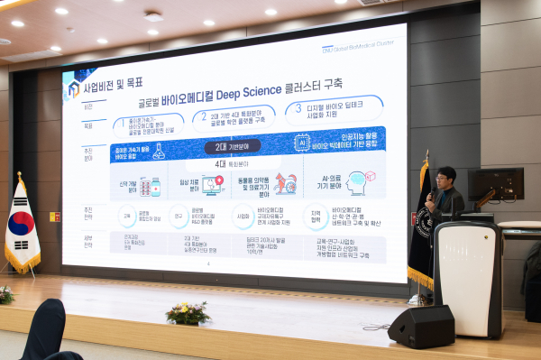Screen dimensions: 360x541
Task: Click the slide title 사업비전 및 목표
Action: coord(115,88)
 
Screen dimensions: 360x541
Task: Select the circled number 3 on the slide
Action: coord(298,107)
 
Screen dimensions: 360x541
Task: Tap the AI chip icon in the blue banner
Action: coord(301,143)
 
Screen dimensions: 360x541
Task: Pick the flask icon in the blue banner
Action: coord(159,151)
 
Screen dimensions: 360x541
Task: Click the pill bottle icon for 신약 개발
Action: coord(151,187)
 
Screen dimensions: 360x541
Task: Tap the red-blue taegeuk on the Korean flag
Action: coord(21,223)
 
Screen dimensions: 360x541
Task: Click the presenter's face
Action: coord(445,178)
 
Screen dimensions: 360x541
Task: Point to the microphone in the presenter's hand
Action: coord(431,193)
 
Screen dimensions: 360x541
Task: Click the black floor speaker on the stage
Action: coord(421,326)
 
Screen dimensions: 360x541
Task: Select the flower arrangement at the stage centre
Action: coord(188,312)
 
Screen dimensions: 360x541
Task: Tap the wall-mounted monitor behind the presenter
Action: coord(495,184)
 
